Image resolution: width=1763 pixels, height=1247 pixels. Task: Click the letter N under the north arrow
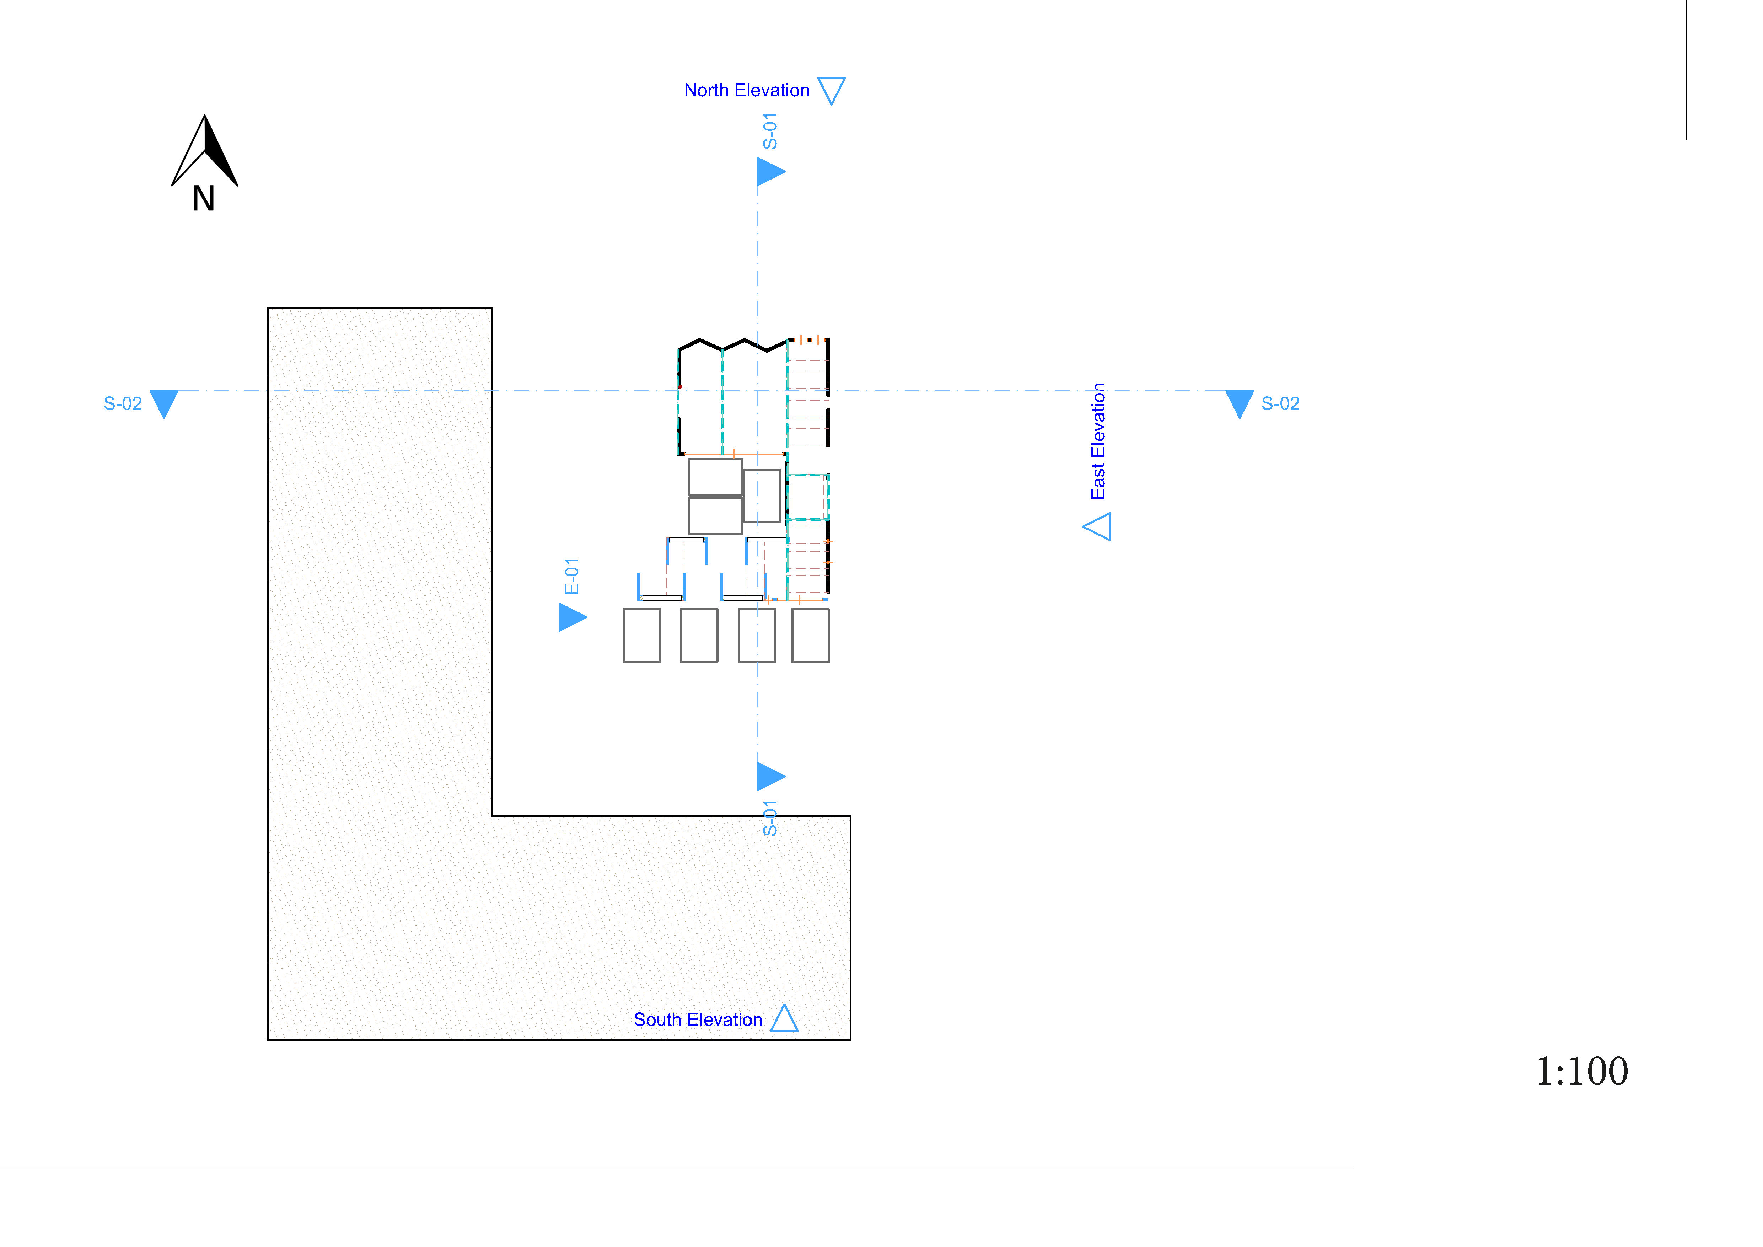click(x=204, y=199)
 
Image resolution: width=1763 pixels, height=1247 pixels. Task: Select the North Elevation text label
click(x=746, y=91)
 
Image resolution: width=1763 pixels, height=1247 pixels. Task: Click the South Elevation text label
click(x=697, y=1020)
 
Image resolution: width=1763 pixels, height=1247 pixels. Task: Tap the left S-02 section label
click(x=123, y=404)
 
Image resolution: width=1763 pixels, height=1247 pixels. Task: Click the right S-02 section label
click(x=1280, y=404)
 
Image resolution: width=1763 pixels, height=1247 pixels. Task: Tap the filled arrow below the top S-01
click(x=769, y=171)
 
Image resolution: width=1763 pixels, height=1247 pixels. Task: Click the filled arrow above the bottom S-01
click(x=769, y=776)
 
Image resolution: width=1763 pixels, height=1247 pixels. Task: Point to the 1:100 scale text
click(x=1582, y=1071)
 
